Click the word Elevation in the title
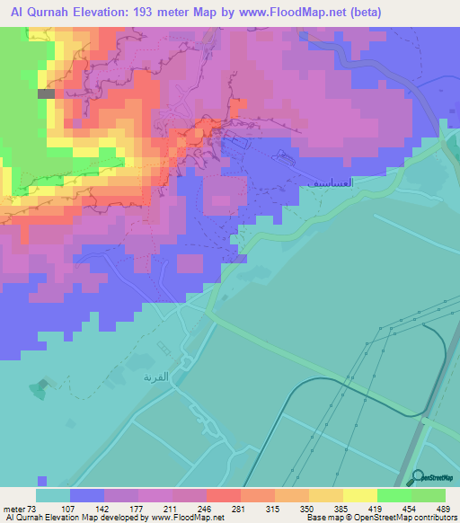(103, 13)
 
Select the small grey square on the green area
(45, 93)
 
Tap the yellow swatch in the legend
(359, 496)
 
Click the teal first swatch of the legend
(53, 496)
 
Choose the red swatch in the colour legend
(224, 496)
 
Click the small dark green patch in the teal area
(39, 389)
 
